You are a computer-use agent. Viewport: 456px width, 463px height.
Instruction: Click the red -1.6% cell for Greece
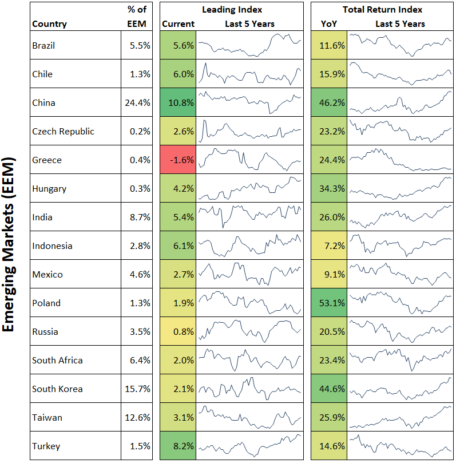[x=178, y=160]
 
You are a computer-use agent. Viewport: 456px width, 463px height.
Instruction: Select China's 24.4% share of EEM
[x=137, y=103]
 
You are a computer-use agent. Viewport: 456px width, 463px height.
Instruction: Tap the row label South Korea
[x=57, y=389]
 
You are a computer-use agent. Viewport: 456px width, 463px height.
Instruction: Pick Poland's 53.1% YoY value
[x=330, y=303]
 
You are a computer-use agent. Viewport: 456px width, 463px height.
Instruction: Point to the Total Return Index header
[x=382, y=10]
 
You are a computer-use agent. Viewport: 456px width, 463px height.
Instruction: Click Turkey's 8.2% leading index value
[x=178, y=446]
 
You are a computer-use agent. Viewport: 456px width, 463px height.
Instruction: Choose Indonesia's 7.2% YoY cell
[x=330, y=246]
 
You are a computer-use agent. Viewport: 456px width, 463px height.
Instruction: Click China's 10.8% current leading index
[x=178, y=103]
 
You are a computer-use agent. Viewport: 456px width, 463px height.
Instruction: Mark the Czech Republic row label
[x=63, y=132]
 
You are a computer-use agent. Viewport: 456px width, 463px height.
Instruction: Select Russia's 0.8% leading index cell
[x=178, y=332]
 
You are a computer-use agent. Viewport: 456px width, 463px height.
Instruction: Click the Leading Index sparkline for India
[x=249, y=216]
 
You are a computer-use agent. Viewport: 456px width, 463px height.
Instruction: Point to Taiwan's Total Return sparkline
[x=400, y=417]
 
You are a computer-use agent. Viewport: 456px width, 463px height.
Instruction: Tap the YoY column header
[x=329, y=24]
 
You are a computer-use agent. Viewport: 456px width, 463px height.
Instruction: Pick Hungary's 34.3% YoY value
[x=330, y=189]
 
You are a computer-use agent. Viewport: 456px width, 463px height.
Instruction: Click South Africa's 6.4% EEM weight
[x=137, y=361]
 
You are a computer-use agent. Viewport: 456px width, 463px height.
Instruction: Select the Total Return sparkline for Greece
[x=400, y=160]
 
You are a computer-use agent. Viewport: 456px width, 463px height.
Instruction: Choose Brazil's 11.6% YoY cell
[x=330, y=46]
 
